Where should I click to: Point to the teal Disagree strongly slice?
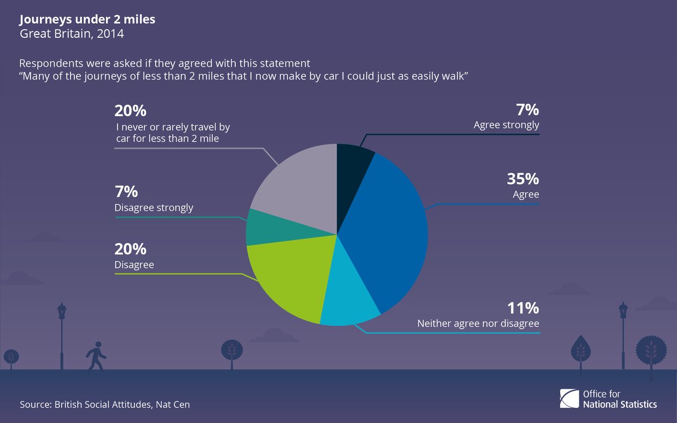[x=269, y=228]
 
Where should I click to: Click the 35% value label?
[x=522, y=179]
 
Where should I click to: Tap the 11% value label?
[x=523, y=308]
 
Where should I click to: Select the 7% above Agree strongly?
[x=527, y=109]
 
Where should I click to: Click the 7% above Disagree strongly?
[x=126, y=192]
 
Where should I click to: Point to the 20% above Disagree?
[x=130, y=249]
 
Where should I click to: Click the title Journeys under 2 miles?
[x=87, y=19]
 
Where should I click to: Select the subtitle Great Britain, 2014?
[x=72, y=34]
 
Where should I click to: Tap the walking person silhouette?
[x=96, y=356]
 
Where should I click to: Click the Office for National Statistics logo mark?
[x=569, y=399]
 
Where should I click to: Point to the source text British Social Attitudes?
[x=103, y=404]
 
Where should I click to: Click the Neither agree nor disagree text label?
[x=478, y=324]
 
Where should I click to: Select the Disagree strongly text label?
[x=154, y=208]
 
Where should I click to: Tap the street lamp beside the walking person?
[x=61, y=336]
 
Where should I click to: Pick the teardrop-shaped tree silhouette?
[x=581, y=352]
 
